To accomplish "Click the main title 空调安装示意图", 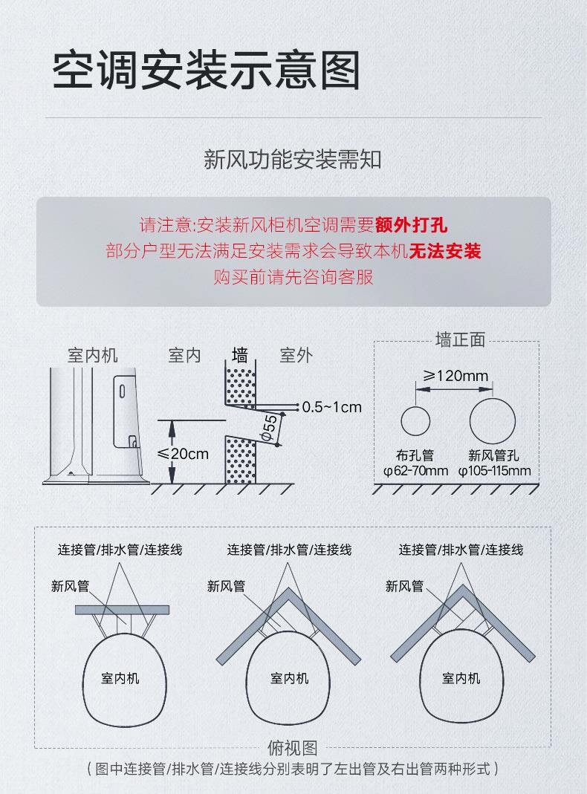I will (x=206, y=71).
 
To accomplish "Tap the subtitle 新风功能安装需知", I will (x=293, y=159).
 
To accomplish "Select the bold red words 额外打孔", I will (x=412, y=224).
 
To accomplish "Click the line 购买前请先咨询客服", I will (x=293, y=278).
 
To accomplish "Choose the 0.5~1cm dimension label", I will (x=332, y=407).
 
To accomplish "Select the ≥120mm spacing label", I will (x=455, y=376).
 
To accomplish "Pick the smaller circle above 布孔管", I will (x=415, y=421).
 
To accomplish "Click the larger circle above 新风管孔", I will (x=492, y=421).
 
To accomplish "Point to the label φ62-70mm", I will (x=415, y=470).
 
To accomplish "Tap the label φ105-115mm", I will (x=494, y=470).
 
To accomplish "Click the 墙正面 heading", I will (x=459, y=340).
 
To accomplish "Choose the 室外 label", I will (x=296, y=355).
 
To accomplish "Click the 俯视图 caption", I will (x=292, y=748).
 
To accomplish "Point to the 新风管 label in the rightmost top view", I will (x=404, y=587).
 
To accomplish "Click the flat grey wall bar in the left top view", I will (x=122, y=610).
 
